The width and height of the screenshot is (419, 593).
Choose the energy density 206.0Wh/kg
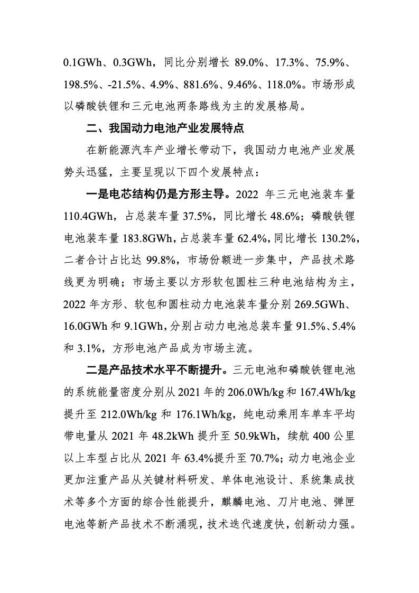(x=255, y=392)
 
